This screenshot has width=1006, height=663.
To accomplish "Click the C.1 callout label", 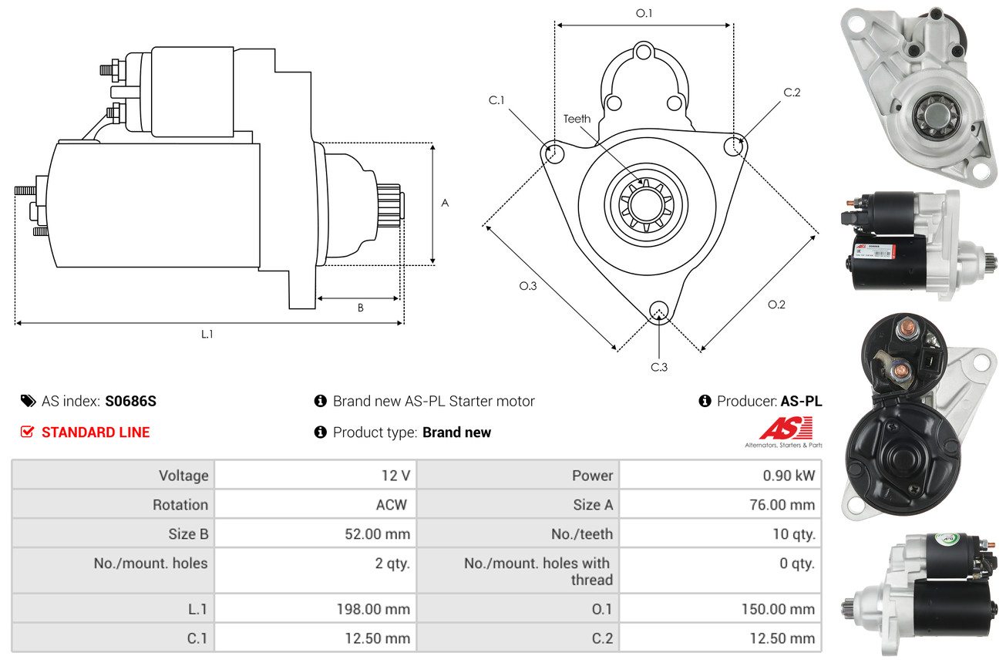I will (496, 100).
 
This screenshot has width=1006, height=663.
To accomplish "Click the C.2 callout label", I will (792, 93).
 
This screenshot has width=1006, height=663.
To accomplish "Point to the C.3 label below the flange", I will (658, 367).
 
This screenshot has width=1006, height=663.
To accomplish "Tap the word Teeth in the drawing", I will (577, 119).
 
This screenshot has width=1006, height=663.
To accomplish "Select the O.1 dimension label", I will (644, 13).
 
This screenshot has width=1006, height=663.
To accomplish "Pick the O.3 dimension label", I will (527, 286).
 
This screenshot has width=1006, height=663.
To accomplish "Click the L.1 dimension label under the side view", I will (207, 334).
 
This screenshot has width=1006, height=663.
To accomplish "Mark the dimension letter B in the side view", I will (360, 308).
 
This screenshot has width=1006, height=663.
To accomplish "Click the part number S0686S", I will (131, 401).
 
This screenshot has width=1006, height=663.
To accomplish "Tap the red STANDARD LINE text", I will (96, 432).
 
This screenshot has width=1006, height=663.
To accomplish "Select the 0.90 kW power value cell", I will (789, 476).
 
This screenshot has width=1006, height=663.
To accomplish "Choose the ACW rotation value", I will (391, 505).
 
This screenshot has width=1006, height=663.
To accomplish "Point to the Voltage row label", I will (183, 476).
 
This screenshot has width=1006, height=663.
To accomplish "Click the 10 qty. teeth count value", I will (793, 534).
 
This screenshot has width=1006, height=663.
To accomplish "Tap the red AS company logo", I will (785, 429).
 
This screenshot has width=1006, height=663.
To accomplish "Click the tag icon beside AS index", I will (28, 401).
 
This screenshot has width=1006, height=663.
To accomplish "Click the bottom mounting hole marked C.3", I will (658, 311).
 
